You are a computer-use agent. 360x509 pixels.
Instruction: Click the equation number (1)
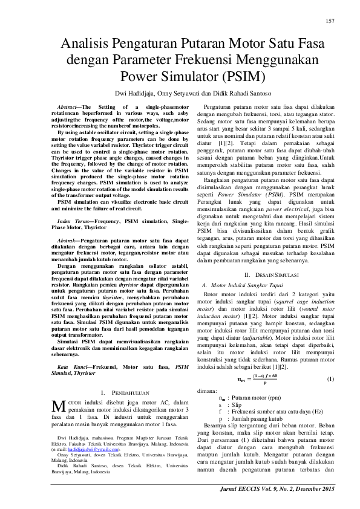click(x=330, y=395)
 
